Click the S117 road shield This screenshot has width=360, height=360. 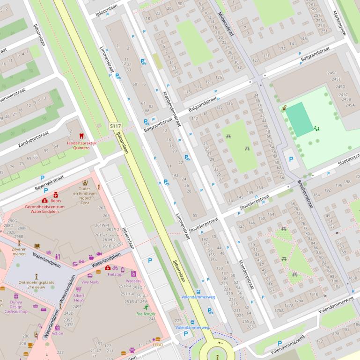click(115, 126)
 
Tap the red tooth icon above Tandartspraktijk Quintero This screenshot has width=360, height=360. click(81, 136)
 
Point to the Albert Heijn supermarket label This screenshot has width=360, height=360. click(79, 299)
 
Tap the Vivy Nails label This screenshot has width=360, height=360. click(90, 282)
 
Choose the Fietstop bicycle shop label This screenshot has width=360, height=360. click(115, 274)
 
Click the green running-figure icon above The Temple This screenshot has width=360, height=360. click(146, 307)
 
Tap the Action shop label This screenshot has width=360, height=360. click(57, 333)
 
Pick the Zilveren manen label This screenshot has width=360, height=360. click(19, 252)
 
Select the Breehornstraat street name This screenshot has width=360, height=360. click(305, 194)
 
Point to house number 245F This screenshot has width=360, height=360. click(332, 73)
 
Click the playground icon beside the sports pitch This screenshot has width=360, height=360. click(317, 128)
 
